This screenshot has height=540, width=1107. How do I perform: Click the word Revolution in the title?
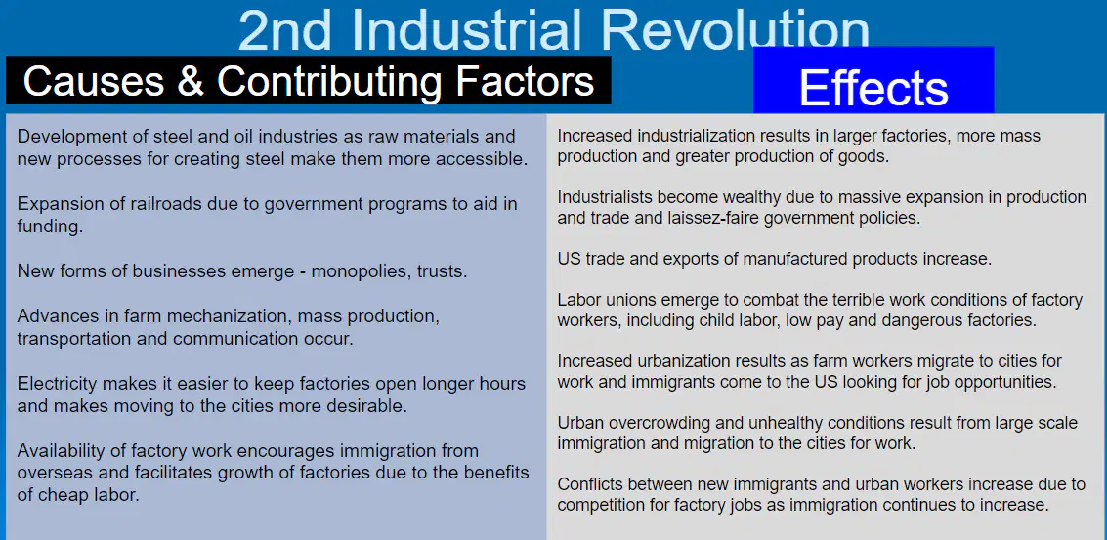[x=735, y=29]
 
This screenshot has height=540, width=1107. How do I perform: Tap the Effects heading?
[x=873, y=88]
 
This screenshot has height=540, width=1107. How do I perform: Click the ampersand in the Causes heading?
[x=191, y=80]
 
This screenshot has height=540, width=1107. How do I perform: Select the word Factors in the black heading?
[x=526, y=80]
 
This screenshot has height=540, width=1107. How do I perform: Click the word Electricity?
[x=58, y=384]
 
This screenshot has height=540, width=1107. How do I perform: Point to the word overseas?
[x=49, y=473]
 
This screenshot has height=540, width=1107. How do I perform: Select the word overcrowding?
[x=646, y=424]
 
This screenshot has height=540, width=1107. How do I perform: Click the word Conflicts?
[x=588, y=485]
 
